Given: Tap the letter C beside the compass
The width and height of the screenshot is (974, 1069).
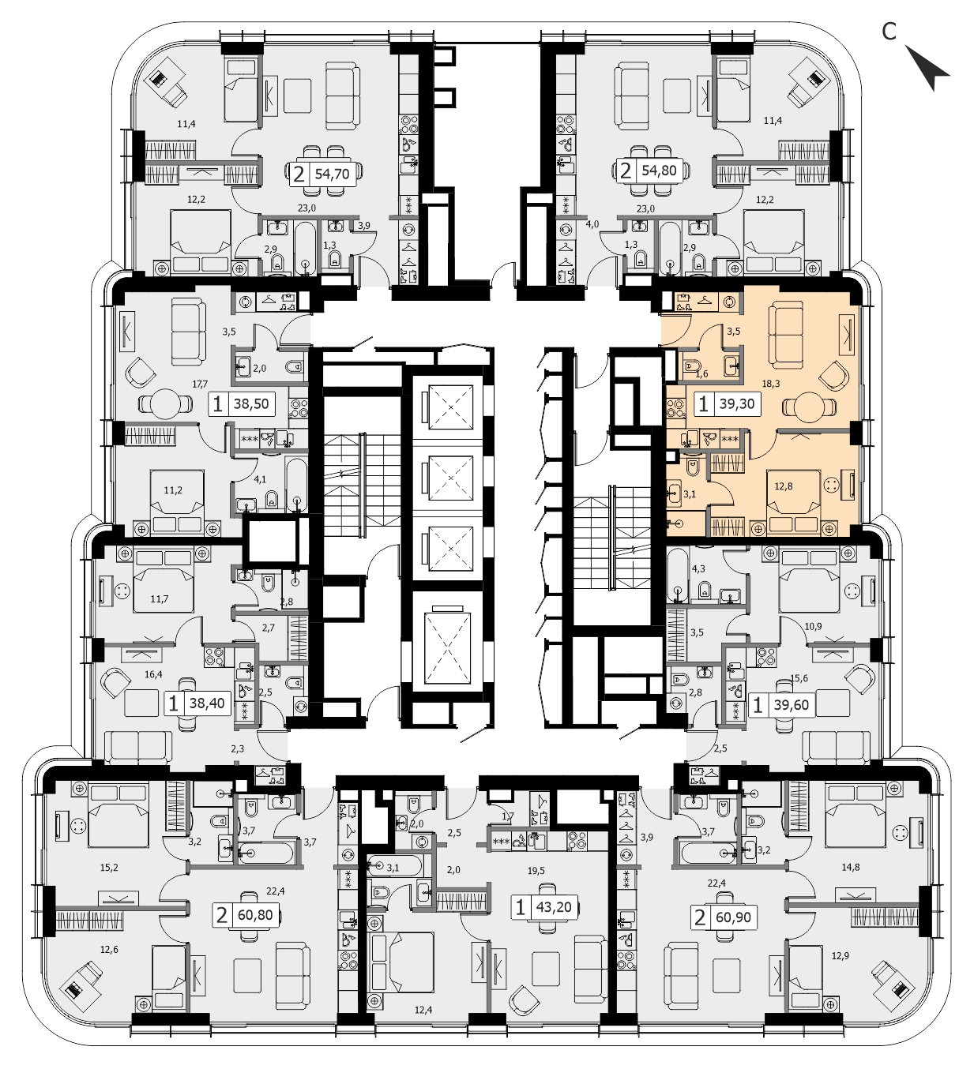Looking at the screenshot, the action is coord(888,32).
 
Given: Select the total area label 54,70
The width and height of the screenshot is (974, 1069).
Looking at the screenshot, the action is coord(332,174).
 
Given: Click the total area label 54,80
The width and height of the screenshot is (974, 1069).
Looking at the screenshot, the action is coord(660,171).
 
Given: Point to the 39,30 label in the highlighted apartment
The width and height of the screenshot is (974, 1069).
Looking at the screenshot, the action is coord(737,404).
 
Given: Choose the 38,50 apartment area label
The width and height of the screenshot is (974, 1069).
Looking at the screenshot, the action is coord(250,404).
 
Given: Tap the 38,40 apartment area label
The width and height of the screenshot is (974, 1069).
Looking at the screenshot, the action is coord(207,703).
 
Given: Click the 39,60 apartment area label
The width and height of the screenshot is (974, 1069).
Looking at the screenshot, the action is coord(791,704).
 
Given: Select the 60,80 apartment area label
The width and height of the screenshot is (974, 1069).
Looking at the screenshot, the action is coord(255,916).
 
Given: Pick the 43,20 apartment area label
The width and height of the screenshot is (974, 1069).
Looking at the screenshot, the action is coord(554,906).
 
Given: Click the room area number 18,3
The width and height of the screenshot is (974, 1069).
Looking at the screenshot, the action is coord(771,383).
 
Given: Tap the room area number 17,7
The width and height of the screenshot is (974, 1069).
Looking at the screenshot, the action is coord(200,384).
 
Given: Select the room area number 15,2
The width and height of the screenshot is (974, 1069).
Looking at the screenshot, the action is coord(109,868).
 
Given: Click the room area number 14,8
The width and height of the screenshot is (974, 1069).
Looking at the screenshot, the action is coord(850,867).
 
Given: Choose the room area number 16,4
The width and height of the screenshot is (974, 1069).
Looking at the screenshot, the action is coord(153,674).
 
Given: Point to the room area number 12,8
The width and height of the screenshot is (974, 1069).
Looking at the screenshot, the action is coord(783,486).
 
